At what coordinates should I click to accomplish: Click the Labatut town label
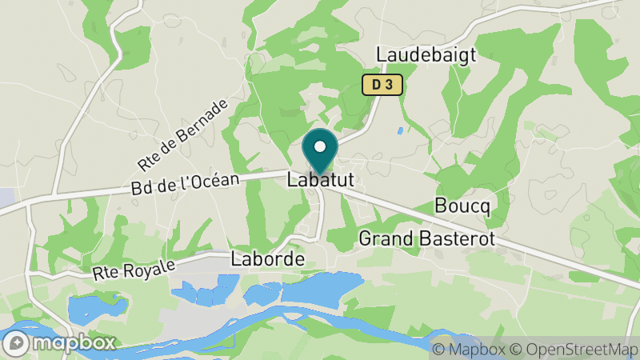pos(320,182)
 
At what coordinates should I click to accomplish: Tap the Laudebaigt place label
pos(426,54)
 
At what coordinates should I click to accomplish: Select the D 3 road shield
pos(381,84)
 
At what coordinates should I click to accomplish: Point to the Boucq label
pos(462,205)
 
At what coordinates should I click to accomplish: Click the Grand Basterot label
pos(426,238)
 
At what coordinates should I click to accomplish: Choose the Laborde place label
pos(268,259)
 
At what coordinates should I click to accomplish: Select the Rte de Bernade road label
pos(182,135)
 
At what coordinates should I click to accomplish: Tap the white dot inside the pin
pos(320,146)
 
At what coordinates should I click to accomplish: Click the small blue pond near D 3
pos(399,130)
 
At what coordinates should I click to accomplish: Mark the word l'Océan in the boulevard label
pos(208,182)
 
